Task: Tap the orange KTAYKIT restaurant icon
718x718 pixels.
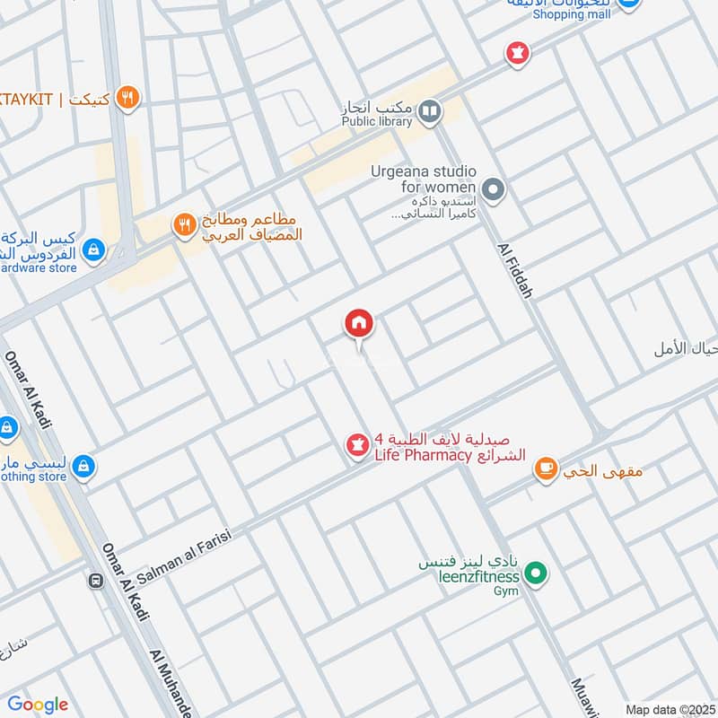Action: pos(128,98)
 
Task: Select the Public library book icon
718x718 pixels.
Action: pos(430,111)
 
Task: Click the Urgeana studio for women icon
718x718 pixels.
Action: pos(492,189)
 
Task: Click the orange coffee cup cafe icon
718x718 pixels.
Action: pos(545,468)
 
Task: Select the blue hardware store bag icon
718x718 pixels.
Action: pos(92,250)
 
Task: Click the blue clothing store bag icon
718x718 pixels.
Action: pos(83,467)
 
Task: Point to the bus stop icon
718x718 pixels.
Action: pos(95,581)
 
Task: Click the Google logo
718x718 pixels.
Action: pos(38,705)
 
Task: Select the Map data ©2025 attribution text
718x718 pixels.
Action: pos(670,709)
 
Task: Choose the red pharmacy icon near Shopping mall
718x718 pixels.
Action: pos(516,53)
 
